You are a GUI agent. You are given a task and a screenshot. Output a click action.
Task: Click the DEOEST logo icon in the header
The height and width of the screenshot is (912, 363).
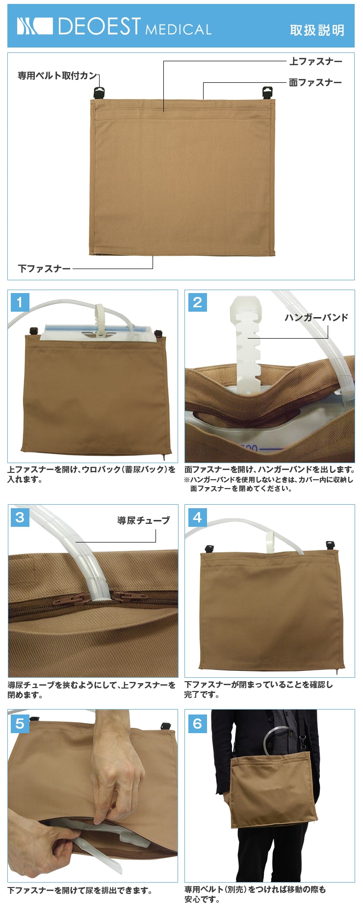pyautogui.click(x=34, y=26)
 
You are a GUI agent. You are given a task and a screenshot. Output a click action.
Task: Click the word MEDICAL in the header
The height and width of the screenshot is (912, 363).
pyautogui.click(x=179, y=29)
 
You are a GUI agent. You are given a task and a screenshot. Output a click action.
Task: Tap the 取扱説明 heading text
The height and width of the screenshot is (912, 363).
pyautogui.click(x=317, y=30)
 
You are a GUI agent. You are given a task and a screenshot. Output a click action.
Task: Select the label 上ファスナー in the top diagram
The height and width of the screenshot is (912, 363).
pyautogui.click(x=315, y=61)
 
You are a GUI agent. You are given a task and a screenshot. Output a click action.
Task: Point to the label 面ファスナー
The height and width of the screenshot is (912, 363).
pyautogui.click(x=315, y=82)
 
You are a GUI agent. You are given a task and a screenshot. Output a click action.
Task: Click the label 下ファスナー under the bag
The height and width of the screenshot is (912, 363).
pyautogui.click(x=44, y=269)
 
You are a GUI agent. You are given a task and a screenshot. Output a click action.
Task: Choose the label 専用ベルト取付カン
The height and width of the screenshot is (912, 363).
pyautogui.click(x=57, y=75)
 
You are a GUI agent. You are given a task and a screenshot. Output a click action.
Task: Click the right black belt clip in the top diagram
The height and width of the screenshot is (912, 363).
pyautogui.click(x=267, y=93)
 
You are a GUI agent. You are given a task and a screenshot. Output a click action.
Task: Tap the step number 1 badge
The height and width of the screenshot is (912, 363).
pyautogui.click(x=20, y=302)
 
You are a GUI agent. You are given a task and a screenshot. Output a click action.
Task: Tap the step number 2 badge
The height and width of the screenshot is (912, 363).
pyautogui.click(x=198, y=302)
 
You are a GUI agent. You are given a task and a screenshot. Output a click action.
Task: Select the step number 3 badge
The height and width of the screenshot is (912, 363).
pyautogui.click(x=20, y=517)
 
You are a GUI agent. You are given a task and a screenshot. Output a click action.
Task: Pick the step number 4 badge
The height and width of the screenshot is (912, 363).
pyautogui.click(x=198, y=517)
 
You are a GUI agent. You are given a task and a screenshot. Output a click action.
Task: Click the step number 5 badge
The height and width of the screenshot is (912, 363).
pyautogui.click(x=20, y=723)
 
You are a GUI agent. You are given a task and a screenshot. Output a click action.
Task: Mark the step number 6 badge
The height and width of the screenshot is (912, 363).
pyautogui.click(x=198, y=723)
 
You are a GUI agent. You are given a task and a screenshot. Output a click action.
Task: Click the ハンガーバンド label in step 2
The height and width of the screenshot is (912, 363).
pyautogui.click(x=316, y=318)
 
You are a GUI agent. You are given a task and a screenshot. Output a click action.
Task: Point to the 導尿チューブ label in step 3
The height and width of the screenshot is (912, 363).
pyautogui.click(x=144, y=520)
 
